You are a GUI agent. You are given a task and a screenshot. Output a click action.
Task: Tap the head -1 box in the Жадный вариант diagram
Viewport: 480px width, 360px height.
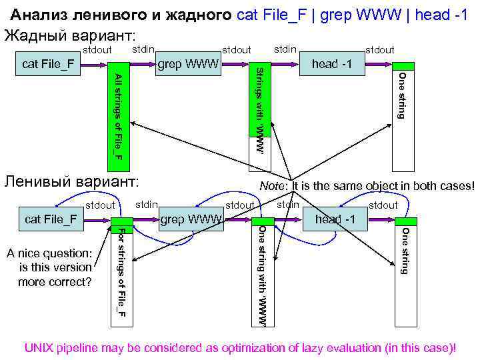pyautogui.click(x=334, y=65)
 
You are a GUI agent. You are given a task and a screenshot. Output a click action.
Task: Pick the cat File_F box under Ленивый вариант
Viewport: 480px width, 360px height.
pyautogui.click(x=51, y=219)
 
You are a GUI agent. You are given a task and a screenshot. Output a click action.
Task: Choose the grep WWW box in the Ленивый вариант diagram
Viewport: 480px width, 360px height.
pyautogui.click(x=191, y=219)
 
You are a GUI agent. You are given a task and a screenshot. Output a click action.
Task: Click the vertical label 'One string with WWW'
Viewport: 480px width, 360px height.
pyautogui.click(x=262, y=275)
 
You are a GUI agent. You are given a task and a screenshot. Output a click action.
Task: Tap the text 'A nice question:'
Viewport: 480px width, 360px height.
pyautogui.click(x=48, y=253)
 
